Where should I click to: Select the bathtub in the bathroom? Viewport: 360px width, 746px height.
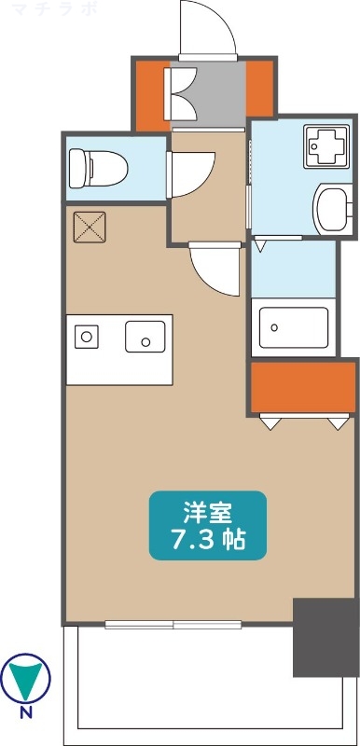[x=294, y=327]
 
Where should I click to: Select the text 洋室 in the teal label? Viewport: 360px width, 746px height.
[x=208, y=512]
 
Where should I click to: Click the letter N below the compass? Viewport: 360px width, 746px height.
[x=26, y=716]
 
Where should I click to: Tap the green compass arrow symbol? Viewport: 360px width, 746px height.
[x=26, y=679]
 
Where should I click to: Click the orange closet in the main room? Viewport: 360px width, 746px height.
[x=301, y=386]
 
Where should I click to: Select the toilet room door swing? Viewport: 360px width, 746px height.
[x=191, y=171]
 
